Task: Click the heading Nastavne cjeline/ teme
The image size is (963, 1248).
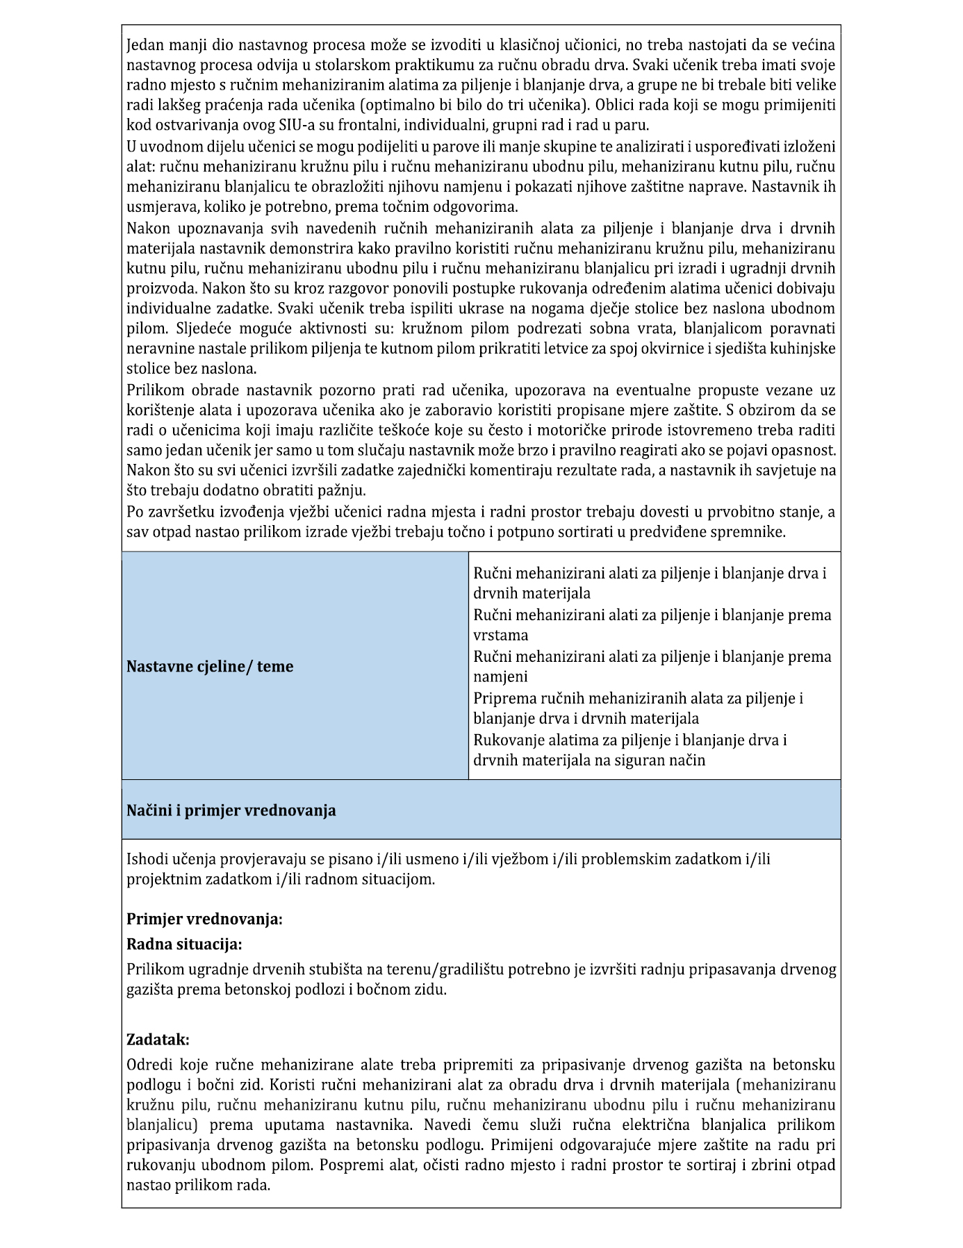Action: click(210, 667)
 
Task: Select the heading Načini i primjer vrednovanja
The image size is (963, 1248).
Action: click(231, 810)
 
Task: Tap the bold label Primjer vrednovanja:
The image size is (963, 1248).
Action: click(204, 920)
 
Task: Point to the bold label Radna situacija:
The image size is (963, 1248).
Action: click(184, 945)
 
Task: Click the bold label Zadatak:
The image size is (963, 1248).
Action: click(158, 1040)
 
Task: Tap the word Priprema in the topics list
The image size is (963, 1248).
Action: click(502, 698)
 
